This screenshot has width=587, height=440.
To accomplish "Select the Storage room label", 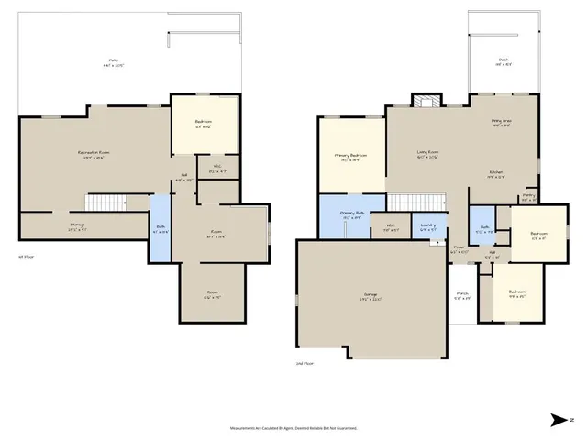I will click(78, 225).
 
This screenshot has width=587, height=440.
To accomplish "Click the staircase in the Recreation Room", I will click(105, 203).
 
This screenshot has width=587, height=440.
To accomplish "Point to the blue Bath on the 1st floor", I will click(160, 228).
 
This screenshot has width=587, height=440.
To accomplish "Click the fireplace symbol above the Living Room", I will click(424, 103).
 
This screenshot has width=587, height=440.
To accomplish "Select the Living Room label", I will click(427, 153).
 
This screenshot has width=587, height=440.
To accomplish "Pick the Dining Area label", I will click(501, 122).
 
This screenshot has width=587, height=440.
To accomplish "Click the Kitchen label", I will click(496, 173).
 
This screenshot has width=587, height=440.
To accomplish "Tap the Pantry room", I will click(529, 197).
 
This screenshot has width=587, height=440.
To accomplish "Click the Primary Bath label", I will click(353, 214).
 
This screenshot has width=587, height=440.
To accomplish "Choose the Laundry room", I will click(427, 226).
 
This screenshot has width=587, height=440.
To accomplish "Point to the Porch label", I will click(462, 296).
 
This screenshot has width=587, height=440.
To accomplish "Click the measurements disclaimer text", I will click(292, 428).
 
